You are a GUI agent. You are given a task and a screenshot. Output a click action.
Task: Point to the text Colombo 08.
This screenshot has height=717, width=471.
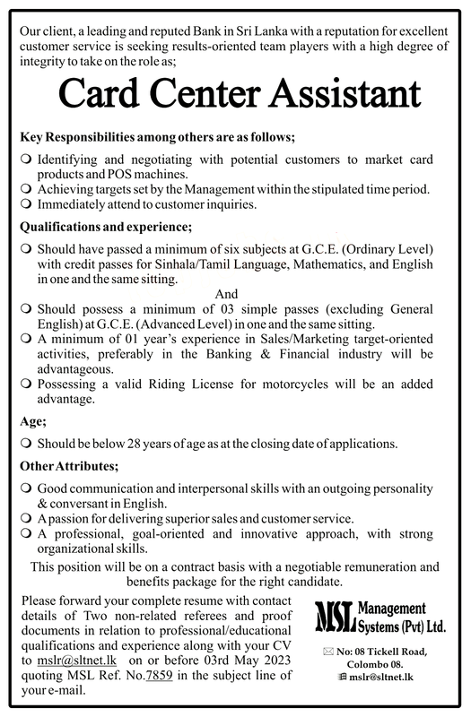pyautogui.click(x=386, y=664)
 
